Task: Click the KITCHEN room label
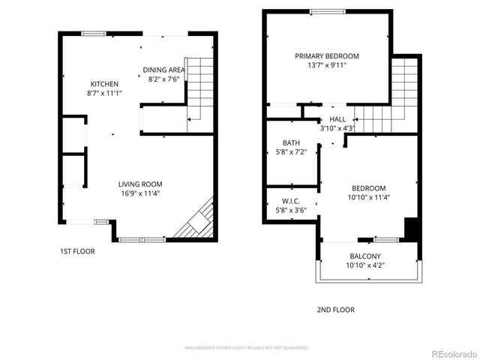pyautogui.click(x=104, y=83)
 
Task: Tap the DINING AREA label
pyautogui.click(x=164, y=70)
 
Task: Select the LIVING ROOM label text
pyautogui.click(x=140, y=184)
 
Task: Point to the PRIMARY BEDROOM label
pyautogui.click(x=326, y=56)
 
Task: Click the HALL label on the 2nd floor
pyautogui.click(x=337, y=119)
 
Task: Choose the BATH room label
pyautogui.click(x=291, y=142)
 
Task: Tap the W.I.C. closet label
pyautogui.click(x=291, y=200)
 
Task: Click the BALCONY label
pyautogui.click(x=364, y=255)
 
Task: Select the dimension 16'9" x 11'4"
pyautogui.click(x=140, y=193)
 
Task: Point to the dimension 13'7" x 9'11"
pyautogui.click(x=326, y=65)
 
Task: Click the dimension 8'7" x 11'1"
pyautogui.click(x=104, y=93)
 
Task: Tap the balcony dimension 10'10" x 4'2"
pyautogui.click(x=364, y=265)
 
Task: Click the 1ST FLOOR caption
pyautogui.click(x=78, y=251)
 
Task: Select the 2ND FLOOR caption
pyautogui.click(x=336, y=310)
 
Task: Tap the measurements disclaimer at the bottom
pyautogui.click(x=247, y=348)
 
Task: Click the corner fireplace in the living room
pyautogui.click(x=199, y=222)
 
